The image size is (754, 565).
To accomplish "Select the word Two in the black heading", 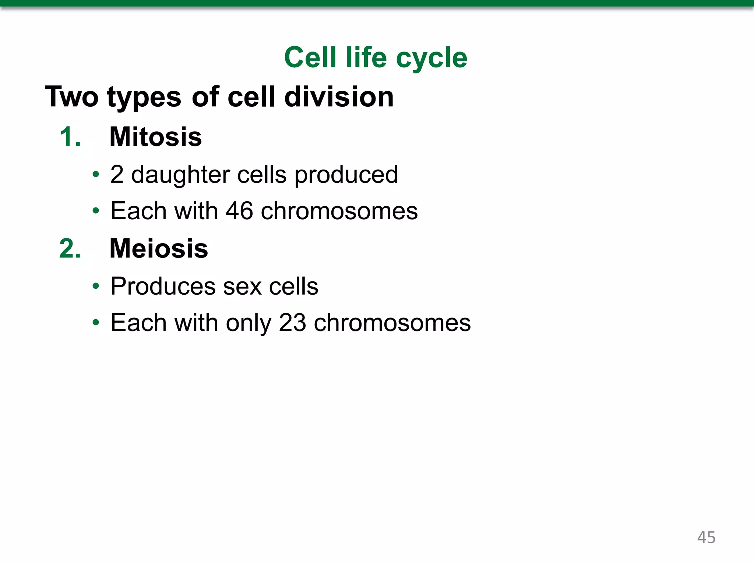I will pyautogui.click(x=72, y=97).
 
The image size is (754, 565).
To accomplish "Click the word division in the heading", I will pyautogui.click(x=339, y=97).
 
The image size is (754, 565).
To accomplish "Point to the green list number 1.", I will pyautogui.click(x=70, y=137).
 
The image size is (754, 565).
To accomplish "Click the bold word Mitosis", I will pyautogui.click(x=156, y=137).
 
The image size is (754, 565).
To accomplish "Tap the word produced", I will pyautogui.click(x=346, y=175).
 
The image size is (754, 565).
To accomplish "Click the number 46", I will pyautogui.click(x=239, y=211).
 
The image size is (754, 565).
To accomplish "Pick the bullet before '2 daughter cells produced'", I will pyautogui.click(x=96, y=174).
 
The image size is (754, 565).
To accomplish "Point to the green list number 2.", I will pyautogui.click(x=70, y=249).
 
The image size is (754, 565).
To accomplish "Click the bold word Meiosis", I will pyautogui.click(x=159, y=249).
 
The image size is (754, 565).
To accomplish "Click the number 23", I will pyautogui.click(x=292, y=323).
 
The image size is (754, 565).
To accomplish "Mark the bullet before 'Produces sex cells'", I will pyautogui.click(x=96, y=286).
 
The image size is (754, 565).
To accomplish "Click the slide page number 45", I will pyautogui.click(x=706, y=537).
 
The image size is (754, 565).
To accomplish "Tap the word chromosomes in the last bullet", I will pyautogui.click(x=392, y=323).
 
